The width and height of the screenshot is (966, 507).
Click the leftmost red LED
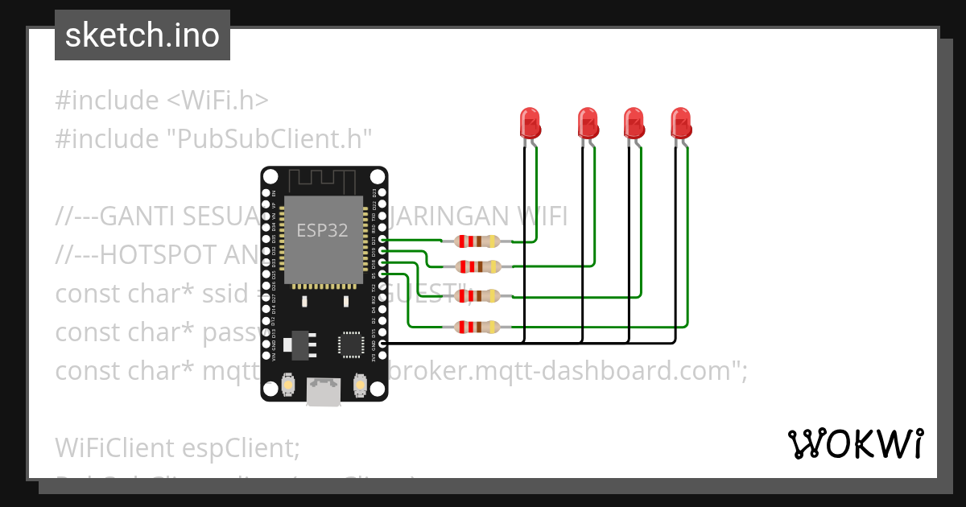point(530,123)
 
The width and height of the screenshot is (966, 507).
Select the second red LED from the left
point(588,123)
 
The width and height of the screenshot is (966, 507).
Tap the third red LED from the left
point(634,123)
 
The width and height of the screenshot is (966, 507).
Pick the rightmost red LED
point(681,123)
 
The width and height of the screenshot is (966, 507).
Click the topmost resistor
point(478,241)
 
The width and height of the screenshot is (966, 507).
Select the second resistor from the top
point(478,266)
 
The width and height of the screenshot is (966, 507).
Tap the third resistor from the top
point(478,296)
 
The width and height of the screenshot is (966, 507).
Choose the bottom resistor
point(478,327)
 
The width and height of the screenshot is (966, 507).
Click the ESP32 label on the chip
point(322,230)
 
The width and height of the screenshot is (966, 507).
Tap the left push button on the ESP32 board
point(287,387)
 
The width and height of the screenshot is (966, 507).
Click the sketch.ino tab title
point(142,36)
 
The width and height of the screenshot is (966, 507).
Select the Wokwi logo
point(855,443)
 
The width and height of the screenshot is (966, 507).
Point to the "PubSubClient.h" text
point(270,139)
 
